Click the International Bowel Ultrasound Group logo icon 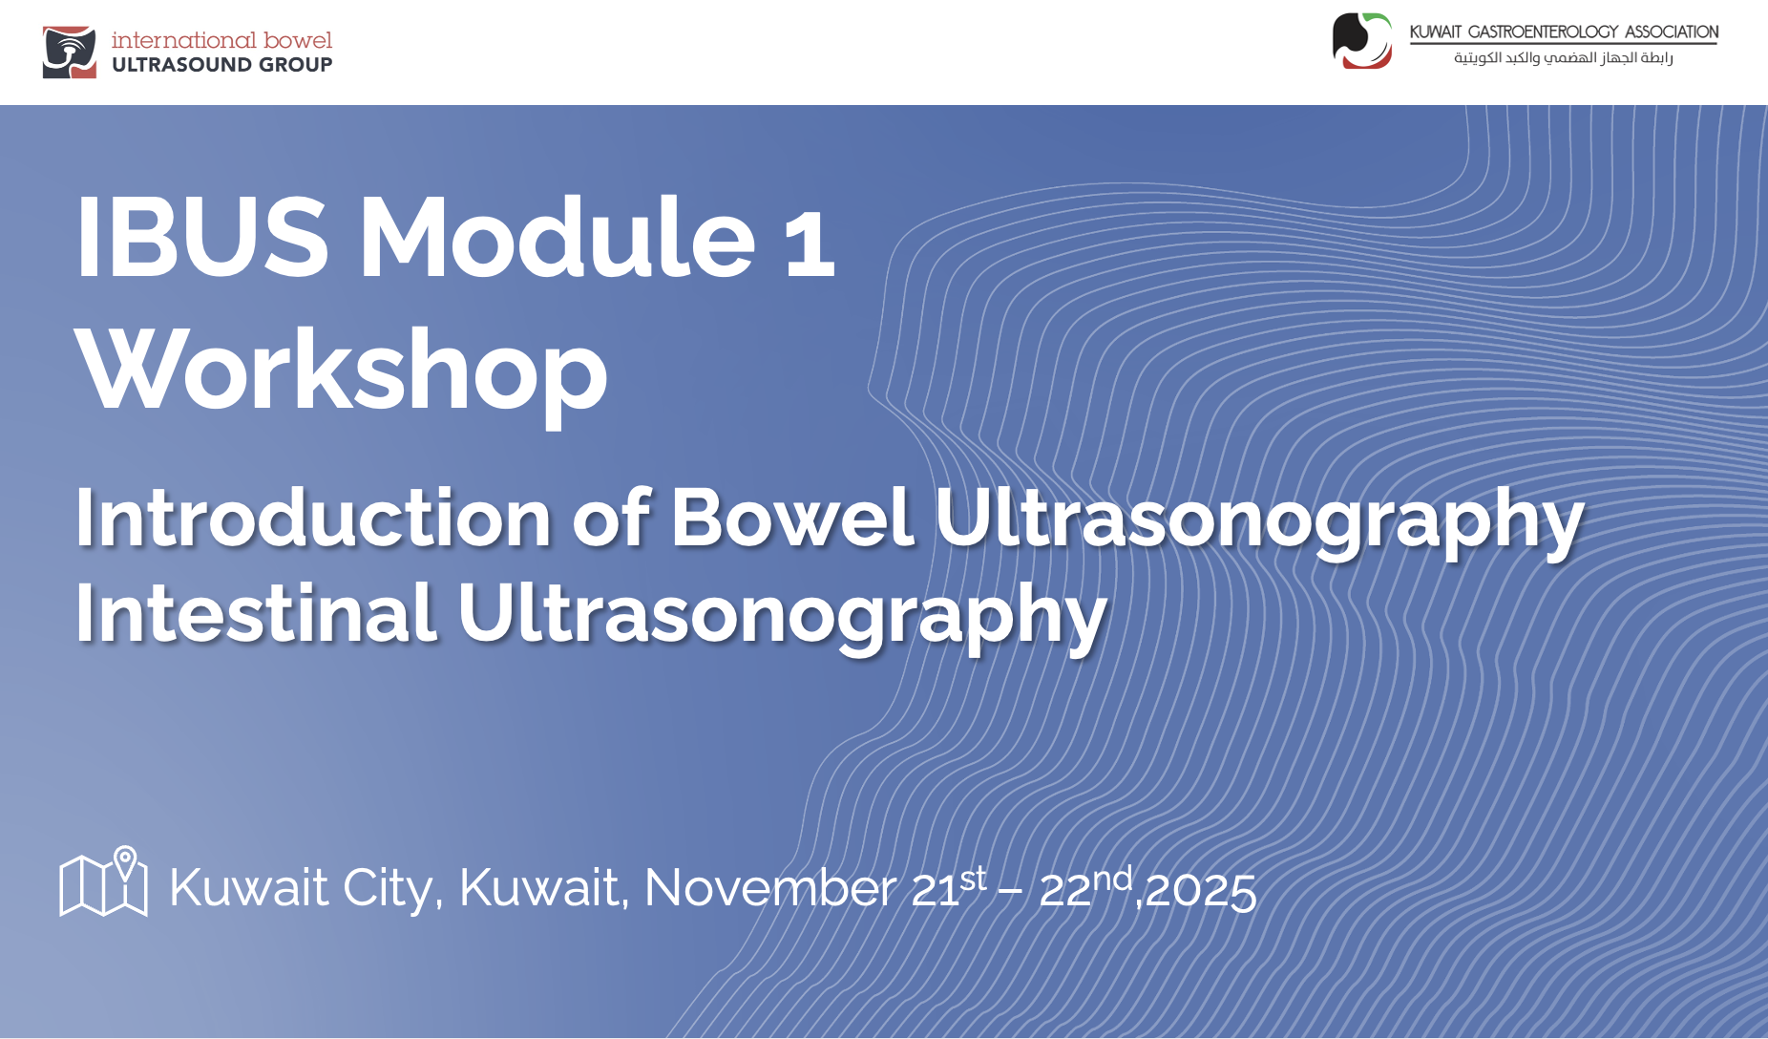[70, 53]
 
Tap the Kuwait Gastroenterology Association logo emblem [1362, 40]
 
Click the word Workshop [341, 371]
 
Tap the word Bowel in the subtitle [792, 519]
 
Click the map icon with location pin [103, 881]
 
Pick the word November [770, 887]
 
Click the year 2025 [1200, 890]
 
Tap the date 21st [949, 887]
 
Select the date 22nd [1085, 887]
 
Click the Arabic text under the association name [1563, 58]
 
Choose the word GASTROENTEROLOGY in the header [1542, 32]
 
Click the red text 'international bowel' [221, 40]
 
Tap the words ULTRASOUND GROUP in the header [221, 65]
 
